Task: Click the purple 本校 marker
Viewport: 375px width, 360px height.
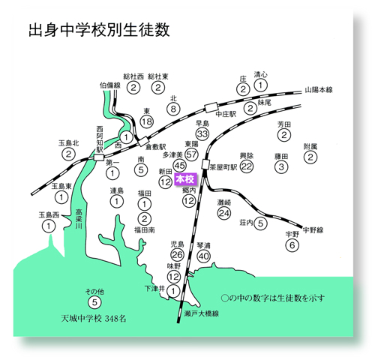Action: (x=185, y=179)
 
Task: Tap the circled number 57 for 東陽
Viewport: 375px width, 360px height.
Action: (x=191, y=154)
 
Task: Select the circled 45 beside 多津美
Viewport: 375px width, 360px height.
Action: (x=179, y=165)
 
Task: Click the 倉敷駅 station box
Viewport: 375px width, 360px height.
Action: (x=142, y=142)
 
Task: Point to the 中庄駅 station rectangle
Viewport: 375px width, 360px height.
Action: (x=211, y=107)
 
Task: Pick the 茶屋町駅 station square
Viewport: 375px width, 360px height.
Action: (x=205, y=164)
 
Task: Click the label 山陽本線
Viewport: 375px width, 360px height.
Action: (x=319, y=90)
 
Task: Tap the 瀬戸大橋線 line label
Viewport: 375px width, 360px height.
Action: (x=202, y=313)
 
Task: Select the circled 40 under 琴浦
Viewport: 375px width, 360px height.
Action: (x=204, y=256)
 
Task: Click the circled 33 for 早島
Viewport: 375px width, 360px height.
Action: (x=202, y=133)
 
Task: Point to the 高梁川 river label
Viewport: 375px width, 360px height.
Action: (x=79, y=219)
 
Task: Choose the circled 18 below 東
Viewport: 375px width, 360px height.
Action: (x=147, y=121)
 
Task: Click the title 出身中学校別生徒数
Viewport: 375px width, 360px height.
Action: (x=99, y=30)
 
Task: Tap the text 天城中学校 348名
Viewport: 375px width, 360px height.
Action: (x=94, y=319)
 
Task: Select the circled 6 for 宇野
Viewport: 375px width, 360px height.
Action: (x=292, y=245)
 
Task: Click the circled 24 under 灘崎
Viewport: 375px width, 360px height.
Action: (x=224, y=213)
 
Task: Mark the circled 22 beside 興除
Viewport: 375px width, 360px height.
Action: (x=247, y=166)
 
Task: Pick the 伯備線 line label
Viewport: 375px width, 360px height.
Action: (x=110, y=85)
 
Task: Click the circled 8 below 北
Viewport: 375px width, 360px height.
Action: (x=173, y=109)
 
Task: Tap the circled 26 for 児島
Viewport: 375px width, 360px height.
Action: (x=177, y=255)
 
